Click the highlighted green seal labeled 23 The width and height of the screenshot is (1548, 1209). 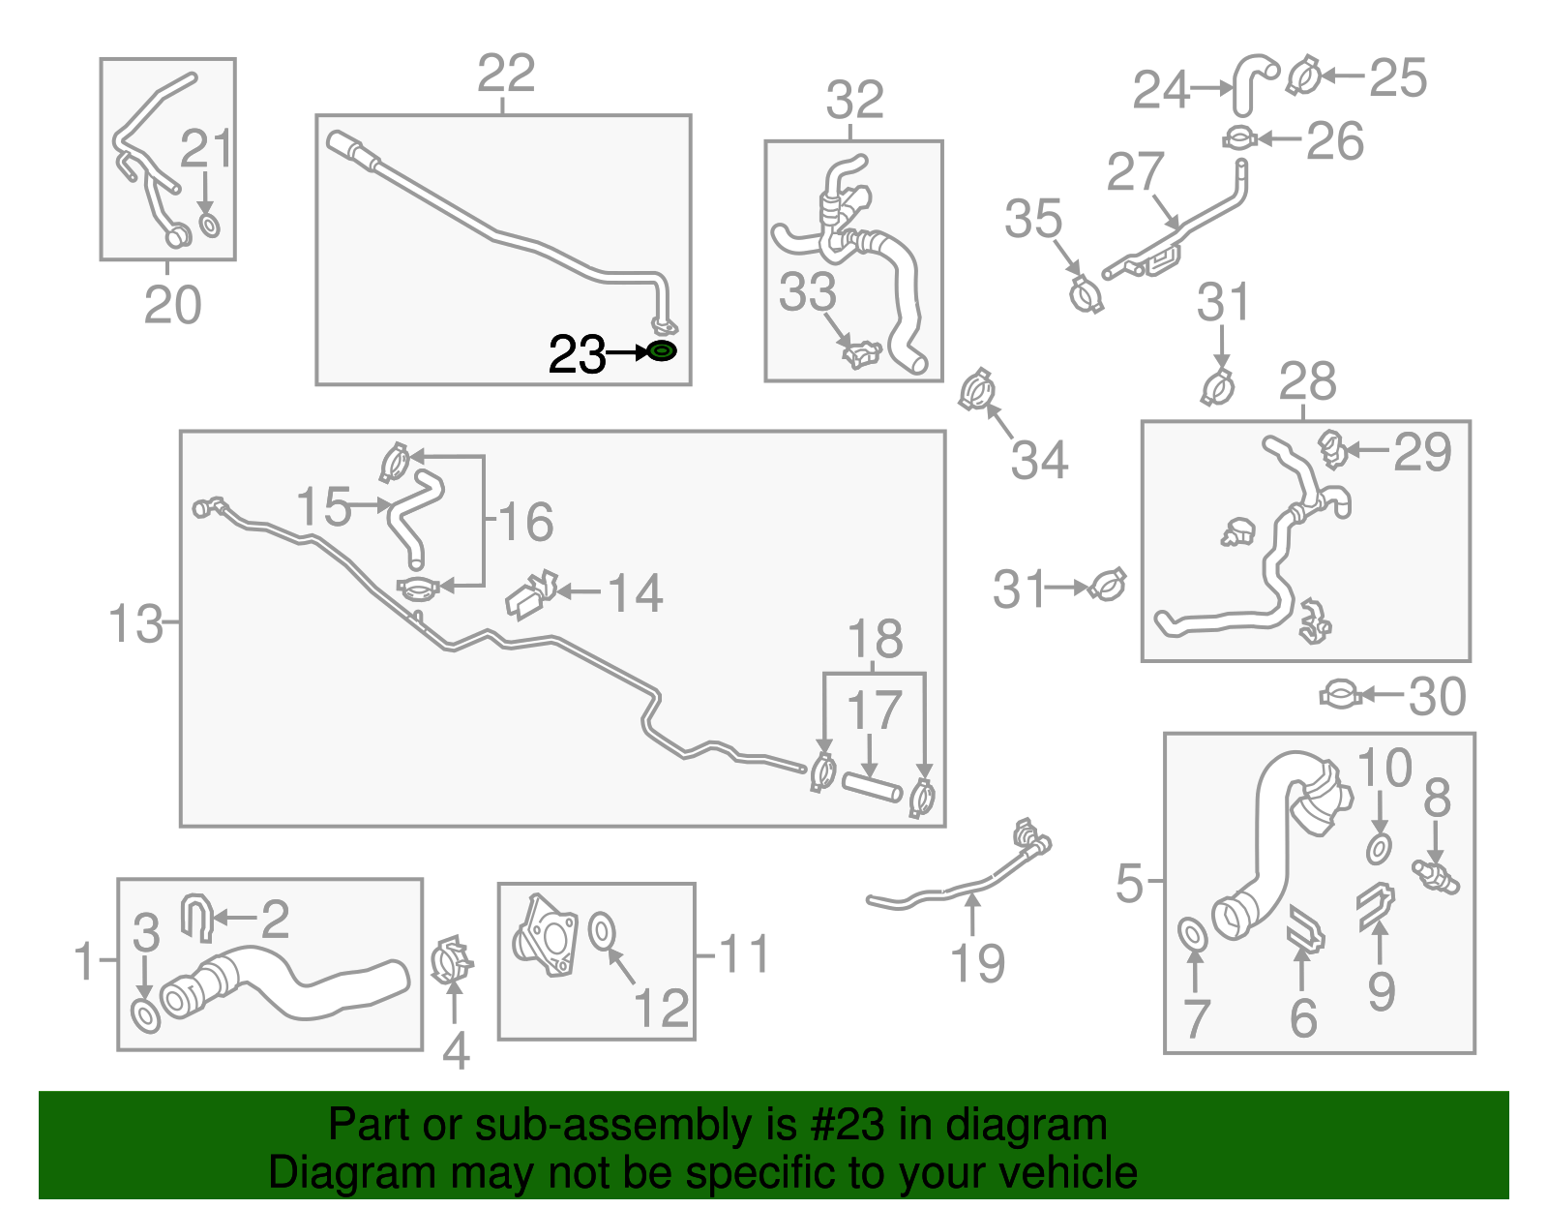(662, 351)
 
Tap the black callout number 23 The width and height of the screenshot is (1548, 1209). (577, 354)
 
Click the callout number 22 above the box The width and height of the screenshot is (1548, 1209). (506, 74)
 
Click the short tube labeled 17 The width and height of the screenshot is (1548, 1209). (871, 787)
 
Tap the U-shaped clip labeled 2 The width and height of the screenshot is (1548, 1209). (196, 916)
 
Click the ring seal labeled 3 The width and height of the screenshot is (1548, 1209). (146, 1017)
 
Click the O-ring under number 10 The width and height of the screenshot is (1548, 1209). (1379, 849)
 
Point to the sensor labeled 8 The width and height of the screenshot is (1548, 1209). (1436, 877)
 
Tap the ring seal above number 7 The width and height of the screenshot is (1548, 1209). (1193, 935)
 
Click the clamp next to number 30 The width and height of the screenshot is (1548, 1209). (1341, 695)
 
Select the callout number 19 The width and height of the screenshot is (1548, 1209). (977, 963)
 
